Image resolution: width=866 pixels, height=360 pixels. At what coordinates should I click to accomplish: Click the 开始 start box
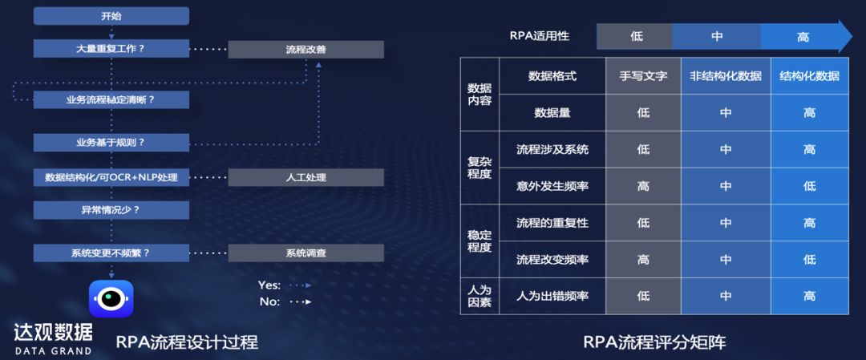click(111, 16)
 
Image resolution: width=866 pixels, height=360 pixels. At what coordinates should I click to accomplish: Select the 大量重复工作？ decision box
click(111, 48)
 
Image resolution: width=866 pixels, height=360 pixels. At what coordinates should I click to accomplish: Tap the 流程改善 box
click(306, 49)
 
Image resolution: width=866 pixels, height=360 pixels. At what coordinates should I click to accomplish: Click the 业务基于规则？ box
click(111, 143)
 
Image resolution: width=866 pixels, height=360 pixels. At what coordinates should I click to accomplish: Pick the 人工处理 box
click(306, 177)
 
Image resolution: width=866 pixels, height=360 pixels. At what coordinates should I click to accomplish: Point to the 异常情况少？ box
click(111, 210)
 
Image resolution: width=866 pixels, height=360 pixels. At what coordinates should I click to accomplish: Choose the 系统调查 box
click(306, 253)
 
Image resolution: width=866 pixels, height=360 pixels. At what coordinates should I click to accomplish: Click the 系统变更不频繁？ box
click(111, 253)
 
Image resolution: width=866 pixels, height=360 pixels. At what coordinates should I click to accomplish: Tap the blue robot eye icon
click(111, 299)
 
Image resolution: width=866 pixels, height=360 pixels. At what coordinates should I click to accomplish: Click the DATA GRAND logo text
click(53, 351)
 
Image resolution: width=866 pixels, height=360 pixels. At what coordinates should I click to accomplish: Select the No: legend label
click(269, 301)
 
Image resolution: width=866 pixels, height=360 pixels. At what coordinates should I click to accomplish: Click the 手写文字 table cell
click(643, 76)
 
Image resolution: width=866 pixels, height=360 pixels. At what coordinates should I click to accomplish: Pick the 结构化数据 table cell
click(809, 76)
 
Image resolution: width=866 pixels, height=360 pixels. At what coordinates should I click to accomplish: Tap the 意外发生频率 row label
click(552, 186)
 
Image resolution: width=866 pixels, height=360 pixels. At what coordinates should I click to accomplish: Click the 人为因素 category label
click(480, 296)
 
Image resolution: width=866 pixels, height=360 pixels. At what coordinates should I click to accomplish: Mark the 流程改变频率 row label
click(552, 260)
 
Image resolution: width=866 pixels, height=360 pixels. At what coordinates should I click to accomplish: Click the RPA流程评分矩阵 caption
click(654, 342)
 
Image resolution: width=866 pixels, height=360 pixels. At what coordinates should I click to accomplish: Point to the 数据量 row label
click(552, 113)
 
